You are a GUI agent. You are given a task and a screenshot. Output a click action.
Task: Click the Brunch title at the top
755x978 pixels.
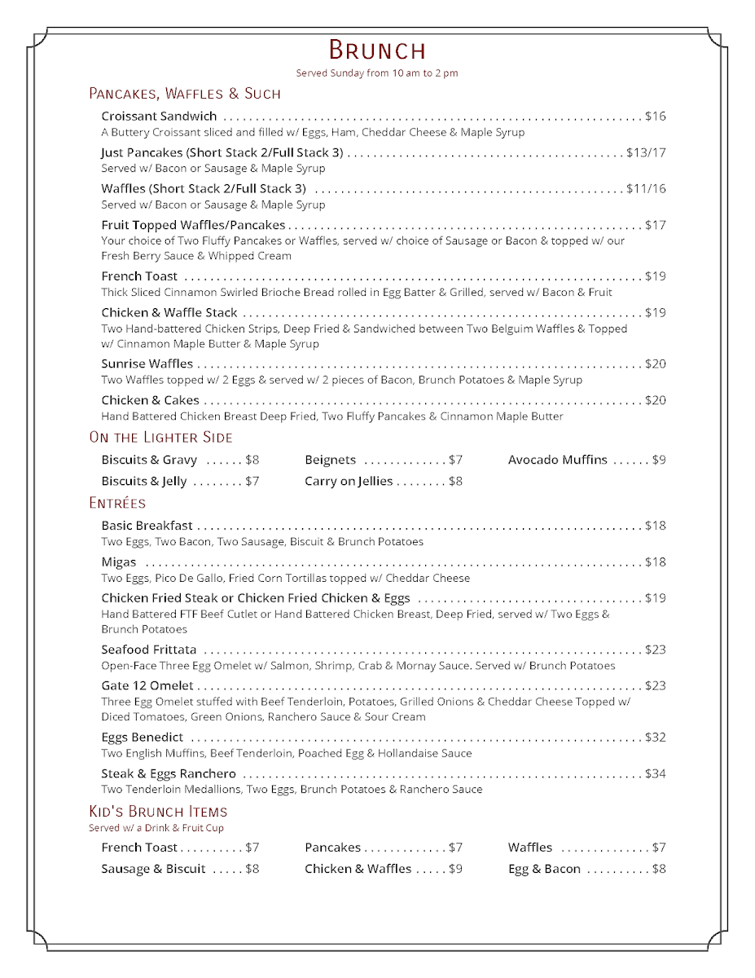click(x=377, y=51)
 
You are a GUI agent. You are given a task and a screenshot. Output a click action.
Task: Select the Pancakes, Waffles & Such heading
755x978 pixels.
click(x=184, y=94)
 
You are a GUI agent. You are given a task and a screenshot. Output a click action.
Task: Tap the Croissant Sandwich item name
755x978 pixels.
click(x=159, y=117)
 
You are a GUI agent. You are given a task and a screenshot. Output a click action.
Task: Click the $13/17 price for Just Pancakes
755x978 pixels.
click(x=646, y=152)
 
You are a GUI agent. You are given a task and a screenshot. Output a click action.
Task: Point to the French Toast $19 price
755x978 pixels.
click(x=655, y=276)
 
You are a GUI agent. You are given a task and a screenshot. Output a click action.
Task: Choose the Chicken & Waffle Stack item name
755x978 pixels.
click(x=169, y=313)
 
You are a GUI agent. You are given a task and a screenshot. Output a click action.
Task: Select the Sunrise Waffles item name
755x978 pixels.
click(x=147, y=364)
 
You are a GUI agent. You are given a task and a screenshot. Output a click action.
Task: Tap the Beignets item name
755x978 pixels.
click(x=330, y=460)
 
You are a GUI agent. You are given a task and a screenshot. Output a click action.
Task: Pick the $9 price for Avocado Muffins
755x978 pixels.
click(x=659, y=460)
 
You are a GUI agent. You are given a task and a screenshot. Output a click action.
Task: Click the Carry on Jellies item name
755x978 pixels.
click(x=349, y=482)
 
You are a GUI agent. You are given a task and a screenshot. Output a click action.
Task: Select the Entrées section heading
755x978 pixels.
click(x=117, y=504)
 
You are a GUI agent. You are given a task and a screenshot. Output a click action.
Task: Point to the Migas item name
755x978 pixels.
click(x=119, y=562)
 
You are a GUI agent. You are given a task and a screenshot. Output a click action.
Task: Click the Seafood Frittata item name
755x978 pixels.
click(x=149, y=650)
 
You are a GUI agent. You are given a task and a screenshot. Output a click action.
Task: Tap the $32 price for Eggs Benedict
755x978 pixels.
click(x=655, y=738)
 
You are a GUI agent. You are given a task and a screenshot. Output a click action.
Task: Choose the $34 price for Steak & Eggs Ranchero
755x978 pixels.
click(x=655, y=774)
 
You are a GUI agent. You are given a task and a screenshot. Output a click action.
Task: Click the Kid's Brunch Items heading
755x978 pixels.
click(x=158, y=812)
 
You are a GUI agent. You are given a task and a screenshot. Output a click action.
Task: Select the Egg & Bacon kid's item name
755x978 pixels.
click(x=544, y=870)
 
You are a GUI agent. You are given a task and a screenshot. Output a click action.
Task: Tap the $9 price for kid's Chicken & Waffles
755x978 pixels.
click(x=455, y=870)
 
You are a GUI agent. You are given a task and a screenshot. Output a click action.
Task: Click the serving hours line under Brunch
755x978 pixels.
click(x=377, y=73)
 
